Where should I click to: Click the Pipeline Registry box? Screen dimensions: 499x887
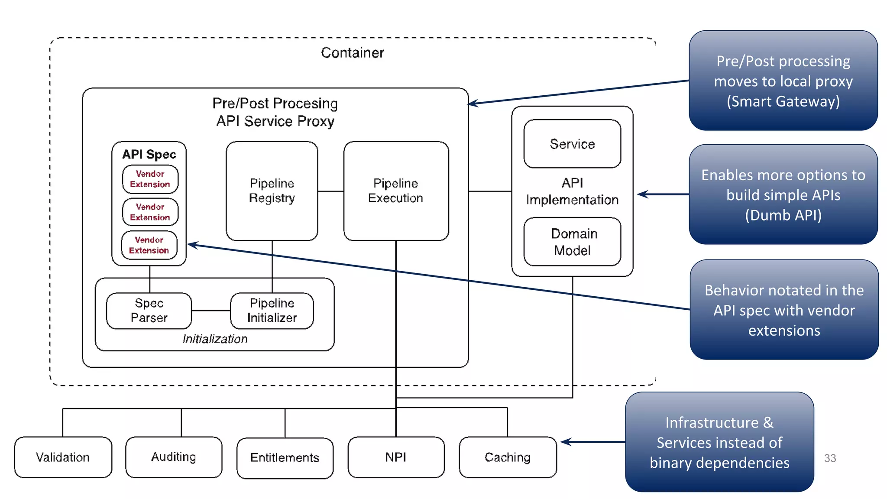click(272, 191)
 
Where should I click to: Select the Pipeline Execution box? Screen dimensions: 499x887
click(395, 191)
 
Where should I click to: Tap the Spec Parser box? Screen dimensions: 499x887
click(149, 311)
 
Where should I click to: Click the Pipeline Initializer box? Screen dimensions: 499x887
click(272, 311)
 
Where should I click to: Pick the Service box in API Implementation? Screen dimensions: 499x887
click(572, 144)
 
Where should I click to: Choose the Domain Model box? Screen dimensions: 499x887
click(572, 242)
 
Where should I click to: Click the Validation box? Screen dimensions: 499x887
click(63, 457)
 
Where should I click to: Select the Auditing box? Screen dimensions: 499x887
click(173, 457)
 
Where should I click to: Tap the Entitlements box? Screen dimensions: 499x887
click(285, 458)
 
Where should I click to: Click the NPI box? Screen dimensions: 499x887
click(395, 457)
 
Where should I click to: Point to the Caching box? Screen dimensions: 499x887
click(507, 457)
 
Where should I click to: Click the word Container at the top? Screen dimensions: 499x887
click(352, 53)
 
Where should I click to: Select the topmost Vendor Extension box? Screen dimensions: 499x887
click(150, 179)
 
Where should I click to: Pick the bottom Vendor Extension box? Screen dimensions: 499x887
click(149, 245)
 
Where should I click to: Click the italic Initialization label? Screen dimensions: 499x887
click(215, 339)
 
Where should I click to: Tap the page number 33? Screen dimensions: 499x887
click(830, 458)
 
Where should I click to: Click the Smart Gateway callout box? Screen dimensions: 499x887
click(783, 81)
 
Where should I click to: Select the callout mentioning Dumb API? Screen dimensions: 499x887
click(783, 195)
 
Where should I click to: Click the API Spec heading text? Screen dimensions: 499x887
click(149, 154)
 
